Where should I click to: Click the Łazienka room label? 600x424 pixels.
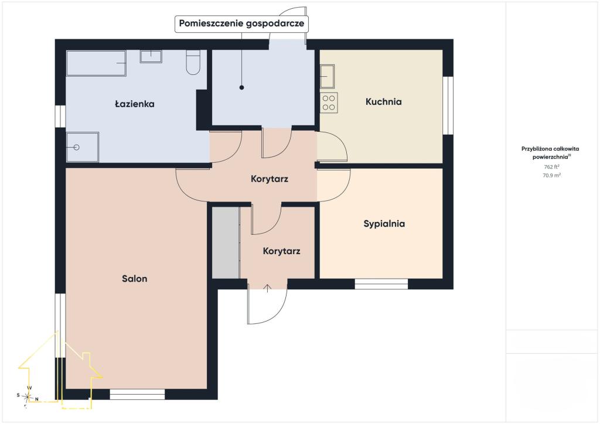(x=135, y=104)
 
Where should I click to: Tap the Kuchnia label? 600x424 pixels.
(x=383, y=102)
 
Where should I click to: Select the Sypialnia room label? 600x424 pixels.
(x=384, y=224)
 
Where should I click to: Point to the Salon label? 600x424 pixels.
(x=134, y=279)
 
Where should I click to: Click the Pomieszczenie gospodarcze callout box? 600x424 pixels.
(x=241, y=23)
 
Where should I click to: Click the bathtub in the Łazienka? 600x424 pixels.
(x=96, y=63)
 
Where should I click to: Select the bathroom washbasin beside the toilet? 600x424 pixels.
(x=151, y=56)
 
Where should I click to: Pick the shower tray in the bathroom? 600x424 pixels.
(x=82, y=147)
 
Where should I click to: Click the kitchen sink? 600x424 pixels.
(x=327, y=77)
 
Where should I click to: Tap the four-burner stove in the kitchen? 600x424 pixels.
(x=329, y=102)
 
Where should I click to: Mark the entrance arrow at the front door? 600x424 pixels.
(x=267, y=288)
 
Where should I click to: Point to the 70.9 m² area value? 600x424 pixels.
(x=551, y=176)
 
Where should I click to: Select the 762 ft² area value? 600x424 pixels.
(x=551, y=167)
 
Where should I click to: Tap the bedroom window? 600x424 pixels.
(x=381, y=284)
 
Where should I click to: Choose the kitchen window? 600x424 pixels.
(x=448, y=105)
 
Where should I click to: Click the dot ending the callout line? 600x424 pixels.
(x=241, y=88)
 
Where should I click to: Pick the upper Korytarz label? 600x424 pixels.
(x=270, y=179)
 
